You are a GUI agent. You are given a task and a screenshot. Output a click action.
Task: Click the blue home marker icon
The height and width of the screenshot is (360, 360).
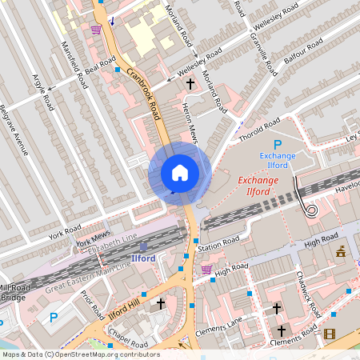click(179, 173)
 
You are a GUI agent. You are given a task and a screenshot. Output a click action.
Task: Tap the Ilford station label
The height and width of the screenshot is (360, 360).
click(144, 258)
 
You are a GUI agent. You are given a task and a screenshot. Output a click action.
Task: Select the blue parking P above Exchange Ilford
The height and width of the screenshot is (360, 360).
click(278, 144)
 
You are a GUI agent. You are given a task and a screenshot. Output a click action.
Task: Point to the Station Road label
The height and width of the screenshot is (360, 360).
click(220, 240)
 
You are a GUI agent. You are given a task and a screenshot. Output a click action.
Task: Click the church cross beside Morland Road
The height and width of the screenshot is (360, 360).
click(190, 82)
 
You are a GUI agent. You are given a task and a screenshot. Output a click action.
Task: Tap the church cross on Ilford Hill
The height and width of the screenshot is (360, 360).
click(161, 304)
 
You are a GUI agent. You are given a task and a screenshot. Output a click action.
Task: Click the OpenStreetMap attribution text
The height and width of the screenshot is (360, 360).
click(80, 354)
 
